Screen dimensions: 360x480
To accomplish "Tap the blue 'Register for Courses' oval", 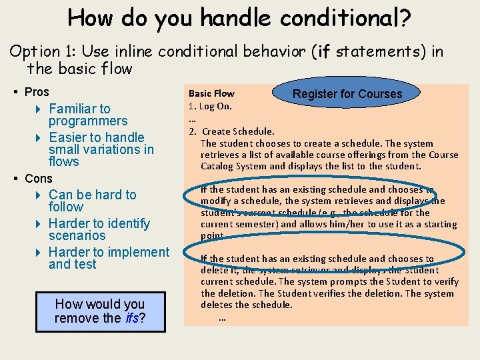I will coord(347,94).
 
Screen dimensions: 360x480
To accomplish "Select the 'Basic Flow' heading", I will coord(211,94).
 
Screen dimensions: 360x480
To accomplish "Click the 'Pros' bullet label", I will coord(37,92).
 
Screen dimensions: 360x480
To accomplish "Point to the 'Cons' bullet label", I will coord(38,179).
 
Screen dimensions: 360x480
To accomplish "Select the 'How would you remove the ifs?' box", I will coord(100,311).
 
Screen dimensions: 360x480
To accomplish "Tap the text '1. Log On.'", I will coord(210,106).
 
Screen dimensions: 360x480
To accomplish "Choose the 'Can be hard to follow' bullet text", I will coord(92,201).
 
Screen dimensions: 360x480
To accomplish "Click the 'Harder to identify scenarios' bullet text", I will coord(99,229).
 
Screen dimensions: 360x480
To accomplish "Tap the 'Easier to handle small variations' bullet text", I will coord(101,149).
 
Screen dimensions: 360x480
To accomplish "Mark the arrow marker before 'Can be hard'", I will coord(39,195).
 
